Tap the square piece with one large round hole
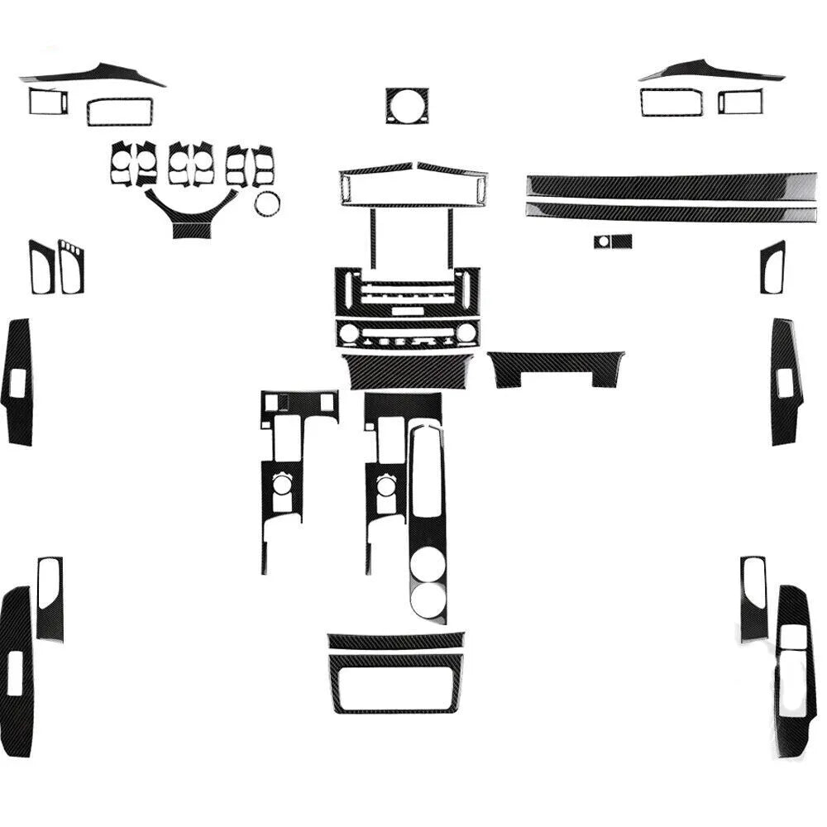(407, 106)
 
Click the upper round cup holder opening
(428, 564)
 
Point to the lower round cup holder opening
(428, 600)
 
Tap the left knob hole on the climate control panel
(349, 333)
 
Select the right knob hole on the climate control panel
(466, 332)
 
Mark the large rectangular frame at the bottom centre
(395, 684)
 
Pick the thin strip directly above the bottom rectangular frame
(395, 640)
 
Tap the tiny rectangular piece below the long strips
(613, 241)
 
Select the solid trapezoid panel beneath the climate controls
(407, 372)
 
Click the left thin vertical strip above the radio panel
(373, 238)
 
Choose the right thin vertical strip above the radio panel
(451, 238)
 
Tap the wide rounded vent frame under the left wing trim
(120, 112)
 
